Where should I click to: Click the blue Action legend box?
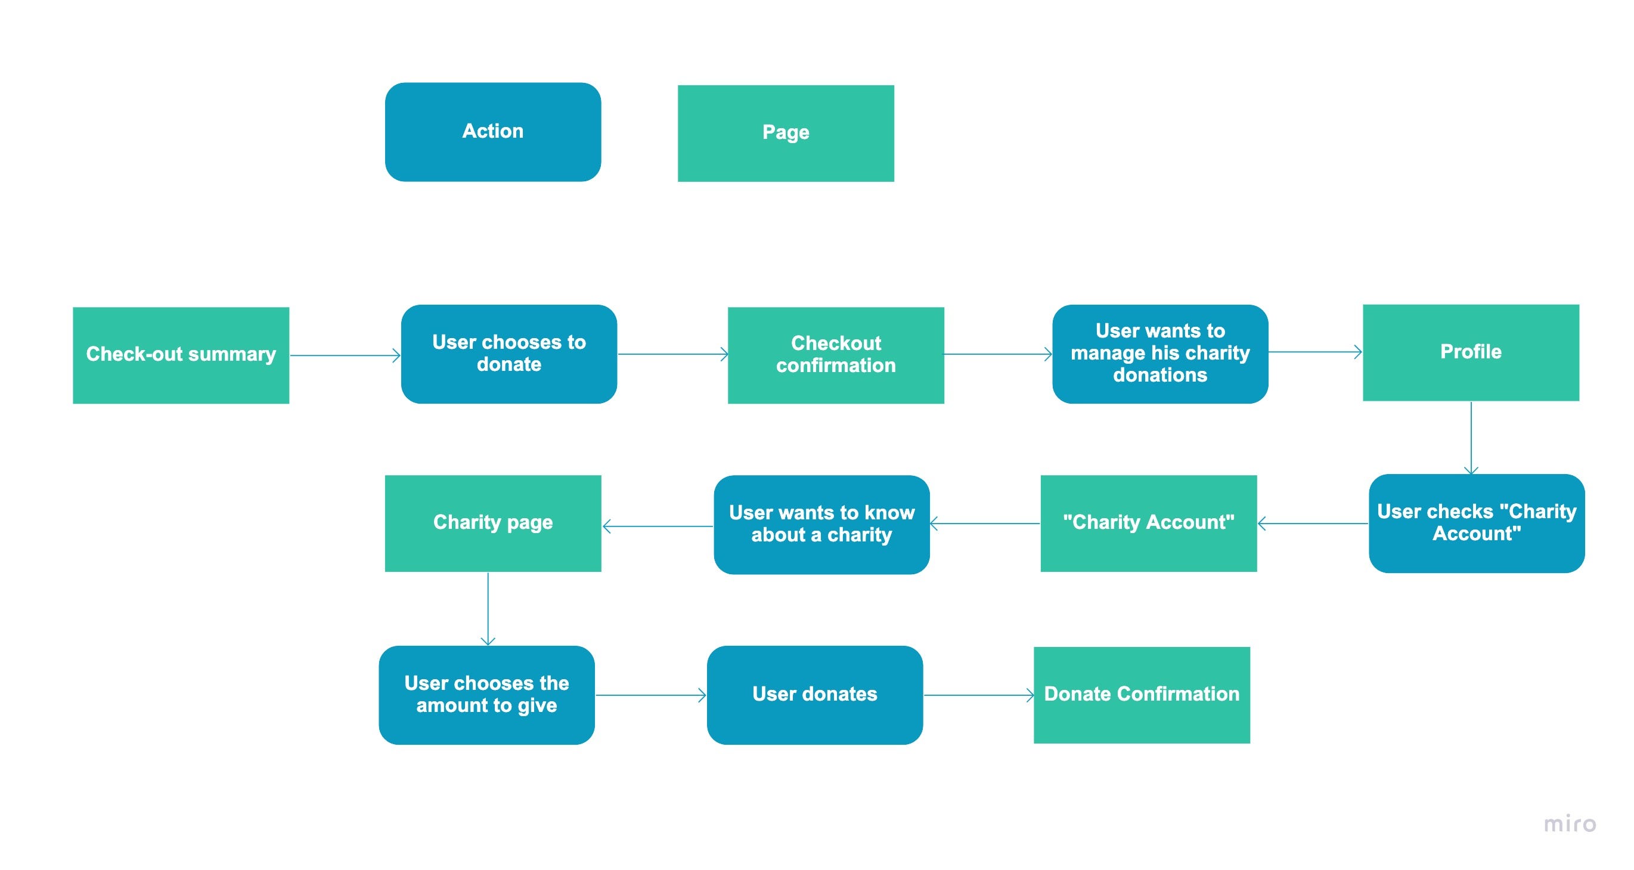click(492, 132)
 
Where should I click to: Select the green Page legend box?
click(785, 133)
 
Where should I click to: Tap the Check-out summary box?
click(181, 355)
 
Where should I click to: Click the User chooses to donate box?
click(509, 354)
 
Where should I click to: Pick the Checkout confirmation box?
click(835, 355)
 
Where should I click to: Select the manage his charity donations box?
click(1159, 354)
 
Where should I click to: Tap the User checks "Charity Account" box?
click(1476, 523)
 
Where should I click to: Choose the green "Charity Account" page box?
click(1148, 523)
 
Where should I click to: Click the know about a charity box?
click(821, 524)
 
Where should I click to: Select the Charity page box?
click(492, 523)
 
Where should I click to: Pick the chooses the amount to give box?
click(486, 695)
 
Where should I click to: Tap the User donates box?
click(814, 695)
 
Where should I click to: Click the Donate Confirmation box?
click(1141, 695)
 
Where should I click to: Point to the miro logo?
click(1569, 823)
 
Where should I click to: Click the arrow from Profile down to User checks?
click(1471, 438)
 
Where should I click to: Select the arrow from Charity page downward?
click(488, 609)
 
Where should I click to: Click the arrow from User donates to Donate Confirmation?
click(978, 695)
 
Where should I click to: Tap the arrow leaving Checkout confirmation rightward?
click(997, 354)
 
